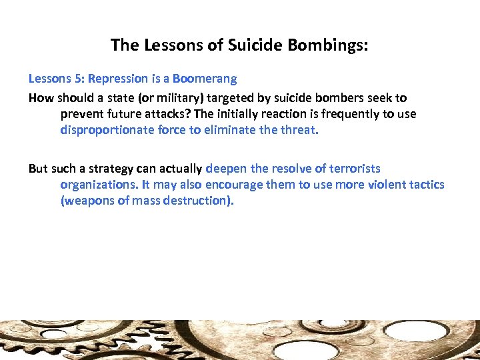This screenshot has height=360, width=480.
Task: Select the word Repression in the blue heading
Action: pos(116,79)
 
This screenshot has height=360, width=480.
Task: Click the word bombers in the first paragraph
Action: pos(337,97)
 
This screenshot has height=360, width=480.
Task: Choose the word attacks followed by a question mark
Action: pos(163,114)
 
